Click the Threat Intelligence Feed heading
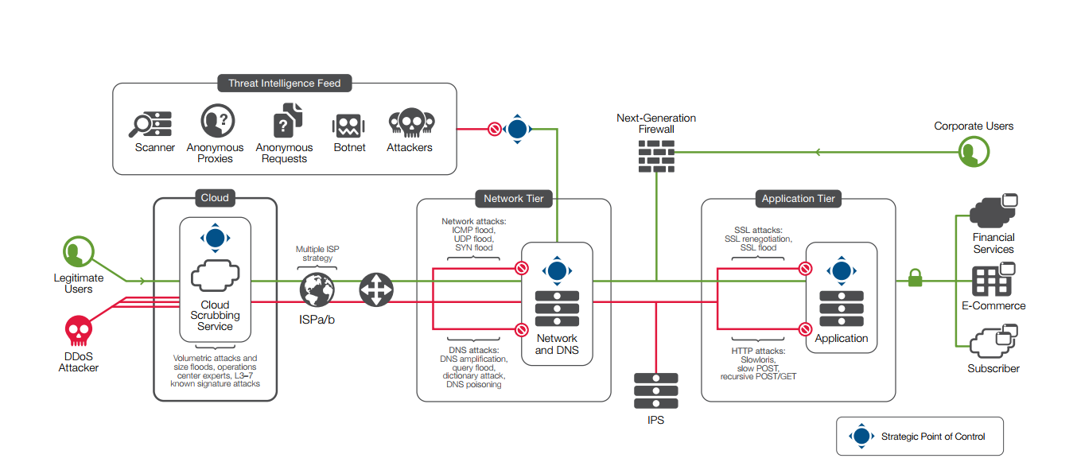(x=285, y=83)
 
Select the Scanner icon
(x=151, y=123)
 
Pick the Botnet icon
(x=348, y=125)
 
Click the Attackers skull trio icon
(x=410, y=123)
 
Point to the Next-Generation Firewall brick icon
(x=656, y=156)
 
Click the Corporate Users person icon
(x=974, y=152)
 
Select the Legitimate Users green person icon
(x=79, y=253)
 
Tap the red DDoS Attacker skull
(x=78, y=330)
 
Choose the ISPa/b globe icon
(x=317, y=289)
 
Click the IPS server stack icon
(x=656, y=390)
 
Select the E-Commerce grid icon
(x=991, y=281)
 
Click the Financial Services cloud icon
(x=993, y=212)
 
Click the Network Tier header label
(x=514, y=198)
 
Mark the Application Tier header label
(x=798, y=198)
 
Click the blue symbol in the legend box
(x=861, y=437)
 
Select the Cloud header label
(x=215, y=198)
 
